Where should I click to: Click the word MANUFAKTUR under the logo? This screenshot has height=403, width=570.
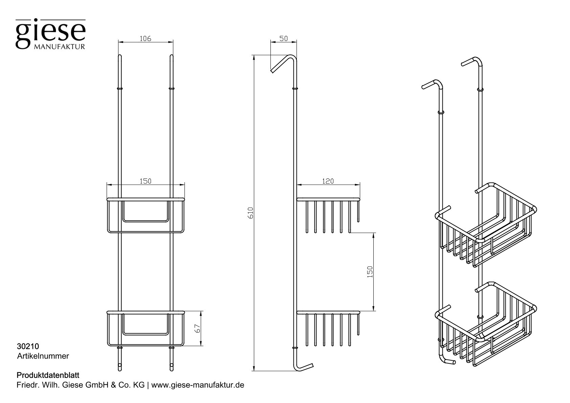click(59, 46)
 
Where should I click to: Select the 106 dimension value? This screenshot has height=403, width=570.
click(145, 38)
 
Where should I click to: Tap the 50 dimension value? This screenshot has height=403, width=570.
click(283, 38)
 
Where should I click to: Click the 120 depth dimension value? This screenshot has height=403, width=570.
click(328, 181)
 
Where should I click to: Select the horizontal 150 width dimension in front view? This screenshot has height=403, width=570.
click(145, 181)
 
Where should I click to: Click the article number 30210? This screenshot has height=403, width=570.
click(28, 346)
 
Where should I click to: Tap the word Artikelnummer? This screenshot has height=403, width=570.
click(43, 356)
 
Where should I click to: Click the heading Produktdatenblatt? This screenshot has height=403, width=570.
click(48, 375)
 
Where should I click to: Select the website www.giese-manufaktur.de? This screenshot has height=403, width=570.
click(198, 385)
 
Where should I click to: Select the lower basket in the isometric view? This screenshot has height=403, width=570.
click(487, 325)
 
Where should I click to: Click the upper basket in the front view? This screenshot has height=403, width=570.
click(145, 215)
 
